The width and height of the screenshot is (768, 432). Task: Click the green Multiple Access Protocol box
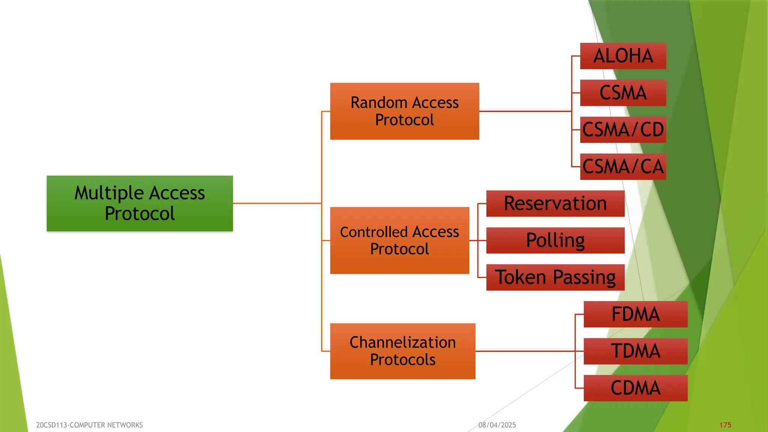tap(139, 203)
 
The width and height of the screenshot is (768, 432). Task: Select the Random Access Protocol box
tap(404, 111)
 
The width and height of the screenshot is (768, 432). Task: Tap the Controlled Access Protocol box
tap(399, 240)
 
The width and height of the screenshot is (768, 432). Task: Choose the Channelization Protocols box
tap(402, 351)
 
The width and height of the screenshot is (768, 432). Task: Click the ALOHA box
tap(623, 56)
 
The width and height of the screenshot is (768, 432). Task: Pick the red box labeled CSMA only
tap(623, 93)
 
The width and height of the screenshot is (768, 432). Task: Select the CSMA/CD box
tap(623, 130)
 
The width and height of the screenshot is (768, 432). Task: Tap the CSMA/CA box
tap(623, 166)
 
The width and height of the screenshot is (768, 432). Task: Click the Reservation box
tap(555, 204)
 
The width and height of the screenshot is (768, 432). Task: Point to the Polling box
tap(555, 240)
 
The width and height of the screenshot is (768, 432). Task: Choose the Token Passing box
tap(555, 277)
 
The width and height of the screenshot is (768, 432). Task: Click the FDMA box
tap(635, 314)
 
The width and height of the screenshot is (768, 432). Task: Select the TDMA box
tap(635, 351)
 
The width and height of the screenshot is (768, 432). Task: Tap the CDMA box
tap(635, 388)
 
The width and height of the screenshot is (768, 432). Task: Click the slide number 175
tap(725, 425)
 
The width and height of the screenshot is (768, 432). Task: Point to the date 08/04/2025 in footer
tap(497, 425)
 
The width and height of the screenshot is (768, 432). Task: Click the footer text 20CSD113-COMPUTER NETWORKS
tap(89, 425)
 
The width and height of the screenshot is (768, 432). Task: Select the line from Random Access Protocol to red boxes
tap(525, 111)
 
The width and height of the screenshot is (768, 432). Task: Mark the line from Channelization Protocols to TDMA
tap(525, 351)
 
